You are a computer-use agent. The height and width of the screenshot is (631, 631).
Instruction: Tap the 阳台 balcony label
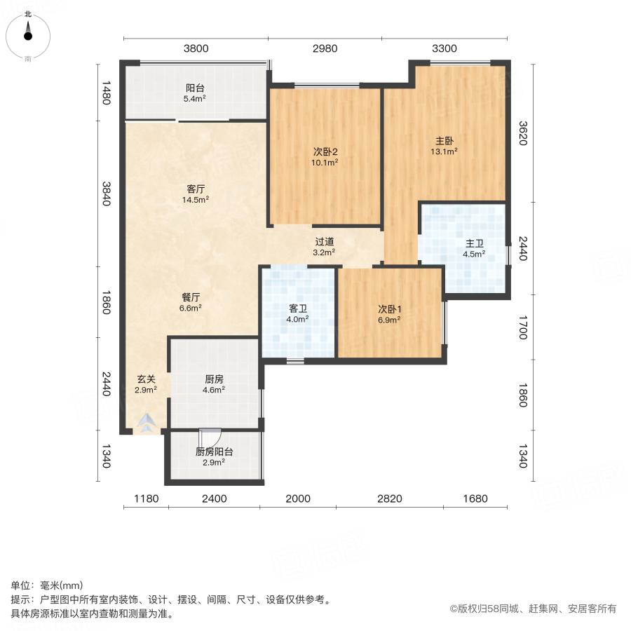[195, 88]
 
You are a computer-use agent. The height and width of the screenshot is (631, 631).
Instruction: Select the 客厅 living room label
[196, 189]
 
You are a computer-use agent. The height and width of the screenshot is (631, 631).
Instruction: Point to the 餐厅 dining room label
[191, 297]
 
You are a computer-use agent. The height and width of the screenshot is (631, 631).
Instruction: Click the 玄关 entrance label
[146, 379]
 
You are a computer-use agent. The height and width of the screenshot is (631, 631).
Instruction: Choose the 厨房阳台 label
[214, 452]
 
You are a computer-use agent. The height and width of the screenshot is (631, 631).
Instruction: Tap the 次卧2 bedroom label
[325, 151]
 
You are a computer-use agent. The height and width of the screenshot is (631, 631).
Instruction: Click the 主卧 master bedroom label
[445, 139]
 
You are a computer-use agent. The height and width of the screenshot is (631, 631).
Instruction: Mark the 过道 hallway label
[324, 241]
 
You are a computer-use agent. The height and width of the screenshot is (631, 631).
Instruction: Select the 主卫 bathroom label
[475, 243]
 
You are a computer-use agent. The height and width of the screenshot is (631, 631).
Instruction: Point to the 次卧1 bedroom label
[389, 308]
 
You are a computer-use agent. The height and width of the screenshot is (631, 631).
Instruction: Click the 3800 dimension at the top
[196, 48]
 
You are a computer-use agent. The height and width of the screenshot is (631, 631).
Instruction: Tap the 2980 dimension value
[325, 48]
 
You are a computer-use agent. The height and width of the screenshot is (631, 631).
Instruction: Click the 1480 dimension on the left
[106, 93]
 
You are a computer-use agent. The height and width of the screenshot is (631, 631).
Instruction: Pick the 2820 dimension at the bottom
[390, 499]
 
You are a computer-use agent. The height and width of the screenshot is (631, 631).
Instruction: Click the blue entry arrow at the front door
[147, 423]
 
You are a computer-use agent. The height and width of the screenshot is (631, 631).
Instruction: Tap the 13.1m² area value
[445, 150]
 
